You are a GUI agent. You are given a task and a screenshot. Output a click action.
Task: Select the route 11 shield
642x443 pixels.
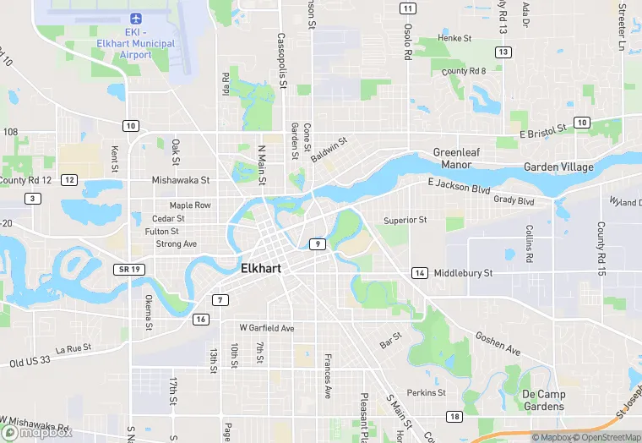pos(408,8)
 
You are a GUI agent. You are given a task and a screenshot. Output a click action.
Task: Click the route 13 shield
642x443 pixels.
pos(503,52)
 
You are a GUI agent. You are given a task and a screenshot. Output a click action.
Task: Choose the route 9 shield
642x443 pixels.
pos(317,244)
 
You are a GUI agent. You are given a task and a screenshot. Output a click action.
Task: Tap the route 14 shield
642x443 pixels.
pos(419,272)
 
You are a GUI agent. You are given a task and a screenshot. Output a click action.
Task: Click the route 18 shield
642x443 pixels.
pos(454,417)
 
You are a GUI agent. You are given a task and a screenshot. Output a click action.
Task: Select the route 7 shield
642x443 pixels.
pos(220,300)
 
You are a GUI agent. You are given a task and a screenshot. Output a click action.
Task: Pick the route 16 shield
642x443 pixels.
pos(200,319)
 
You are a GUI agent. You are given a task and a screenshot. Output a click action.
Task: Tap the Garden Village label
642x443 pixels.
pos(558,167)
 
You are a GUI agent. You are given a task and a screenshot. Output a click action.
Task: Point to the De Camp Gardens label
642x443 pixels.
pos(542,400)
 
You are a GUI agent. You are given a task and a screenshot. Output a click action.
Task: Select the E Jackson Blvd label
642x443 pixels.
pos(459,186)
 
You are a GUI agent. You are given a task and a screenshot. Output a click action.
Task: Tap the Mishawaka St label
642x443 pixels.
pos(180,180)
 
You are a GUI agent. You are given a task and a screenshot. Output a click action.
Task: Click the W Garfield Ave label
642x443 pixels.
pos(266,327)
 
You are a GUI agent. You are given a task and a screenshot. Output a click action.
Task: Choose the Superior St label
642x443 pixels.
pos(405,220)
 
